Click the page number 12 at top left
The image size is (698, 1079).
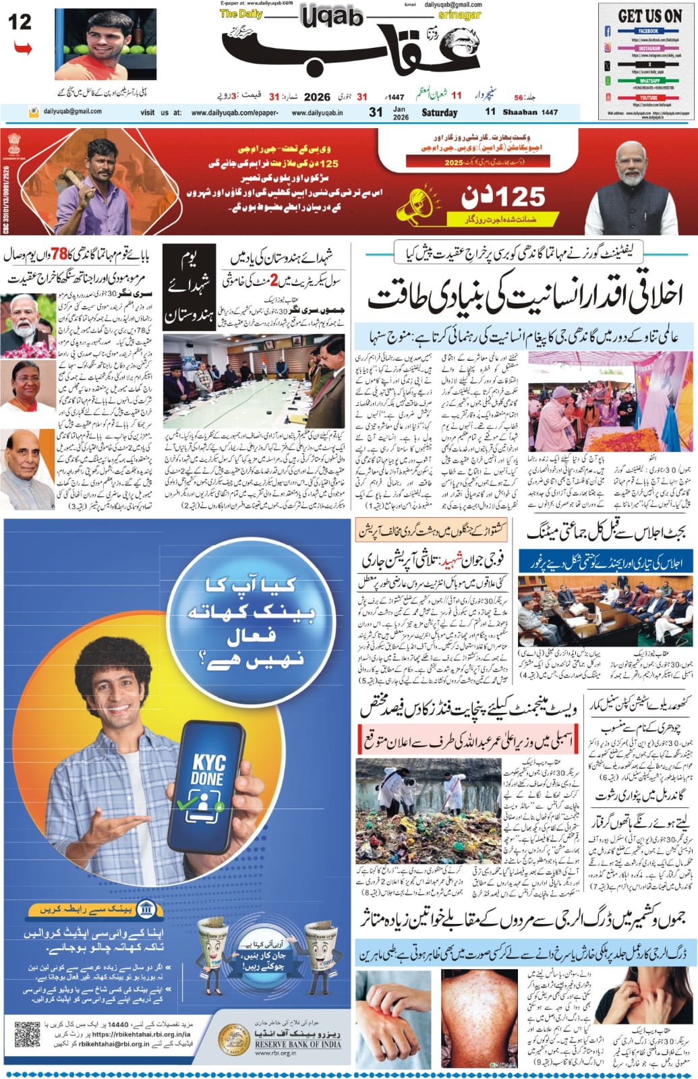coord(20,22)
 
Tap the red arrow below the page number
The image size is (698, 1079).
coord(22,48)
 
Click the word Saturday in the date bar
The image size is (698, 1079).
coord(439,113)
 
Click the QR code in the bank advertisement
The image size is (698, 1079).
coord(28,1035)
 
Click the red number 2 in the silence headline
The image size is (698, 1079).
coord(273,279)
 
